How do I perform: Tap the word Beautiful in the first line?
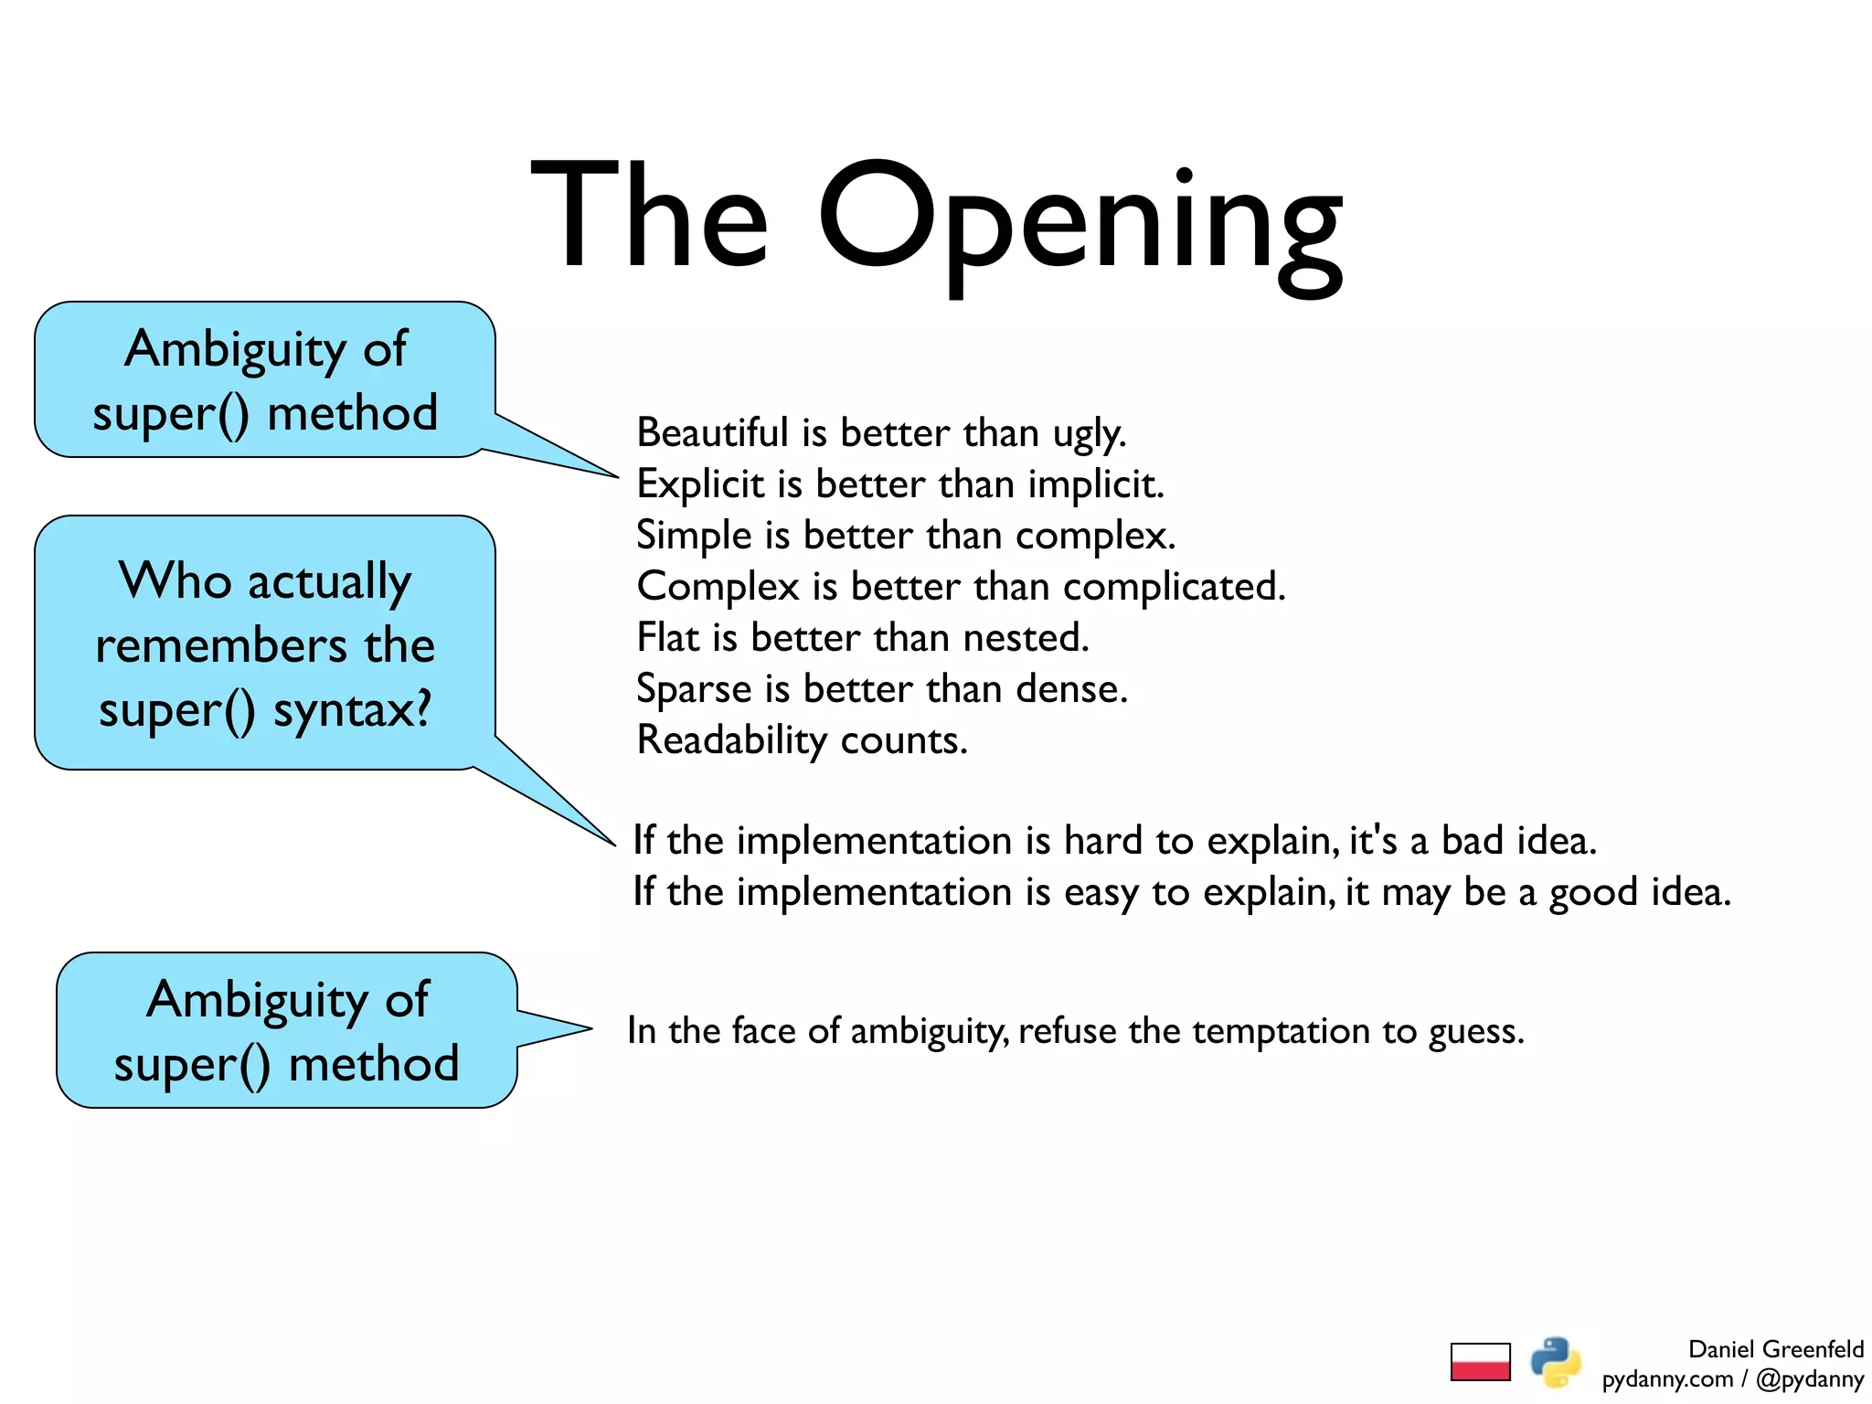tap(712, 432)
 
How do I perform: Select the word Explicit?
tap(700, 484)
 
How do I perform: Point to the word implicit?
tap(1096, 484)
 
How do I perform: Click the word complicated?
tap(1175, 586)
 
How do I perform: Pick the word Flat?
tap(668, 637)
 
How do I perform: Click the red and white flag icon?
tap(1480, 1361)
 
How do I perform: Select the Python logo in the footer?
tap(1555, 1361)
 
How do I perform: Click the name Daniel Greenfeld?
tap(1775, 1349)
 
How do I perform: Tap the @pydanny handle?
tap(1810, 1379)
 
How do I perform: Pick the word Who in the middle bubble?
tap(175, 580)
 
